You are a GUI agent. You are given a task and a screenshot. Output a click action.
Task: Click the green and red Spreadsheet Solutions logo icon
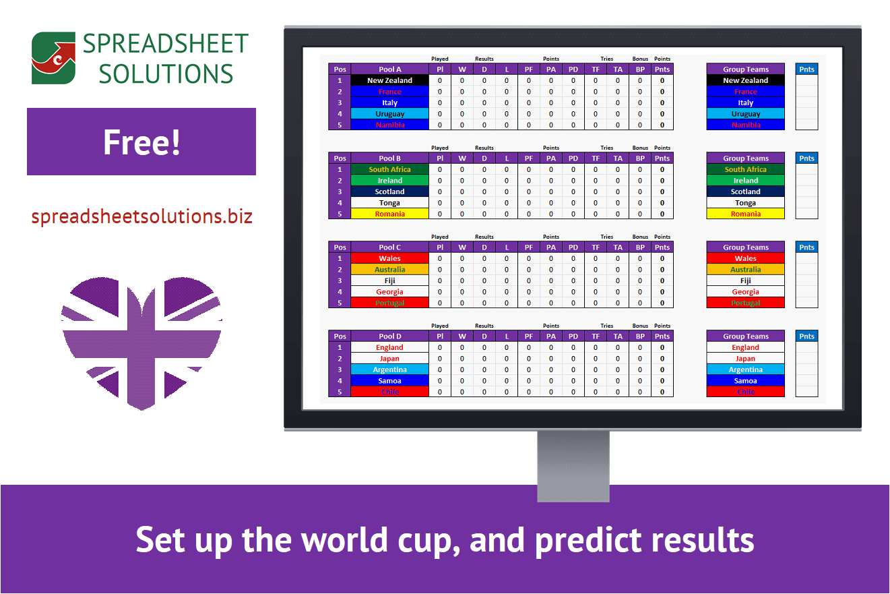(x=53, y=58)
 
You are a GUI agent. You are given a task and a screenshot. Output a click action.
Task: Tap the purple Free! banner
(x=141, y=142)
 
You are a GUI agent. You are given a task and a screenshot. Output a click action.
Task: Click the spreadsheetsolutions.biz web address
(x=141, y=216)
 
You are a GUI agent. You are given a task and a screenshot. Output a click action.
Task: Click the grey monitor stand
(x=573, y=466)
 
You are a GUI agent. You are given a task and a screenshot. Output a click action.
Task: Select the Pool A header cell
(x=389, y=69)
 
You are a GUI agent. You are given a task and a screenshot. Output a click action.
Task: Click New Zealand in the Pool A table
(x=389, y=80)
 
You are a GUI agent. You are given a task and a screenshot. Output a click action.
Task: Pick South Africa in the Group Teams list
(x=745, y=169)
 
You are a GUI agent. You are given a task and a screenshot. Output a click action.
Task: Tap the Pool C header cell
(x=389, y=247)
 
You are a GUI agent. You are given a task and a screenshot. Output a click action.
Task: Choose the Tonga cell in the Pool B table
(x=389, y=203)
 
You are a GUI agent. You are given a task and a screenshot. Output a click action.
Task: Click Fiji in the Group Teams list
(x=745, y=280)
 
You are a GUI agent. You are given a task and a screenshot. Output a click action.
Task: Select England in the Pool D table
(x=389, y=347)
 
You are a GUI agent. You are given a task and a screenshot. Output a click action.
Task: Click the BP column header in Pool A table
(x=640, y=69)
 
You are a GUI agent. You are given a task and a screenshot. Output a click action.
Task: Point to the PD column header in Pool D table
(x=573, y=336)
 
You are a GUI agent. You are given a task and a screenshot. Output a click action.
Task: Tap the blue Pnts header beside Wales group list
(x=806, y=247)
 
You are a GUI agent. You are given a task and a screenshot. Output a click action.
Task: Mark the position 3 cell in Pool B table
(x=340, y=191)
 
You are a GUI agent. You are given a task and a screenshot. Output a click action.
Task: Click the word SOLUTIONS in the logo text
(x=166, y=73)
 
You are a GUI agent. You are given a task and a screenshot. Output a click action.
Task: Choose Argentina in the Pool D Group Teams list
(x=745, y=369)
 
